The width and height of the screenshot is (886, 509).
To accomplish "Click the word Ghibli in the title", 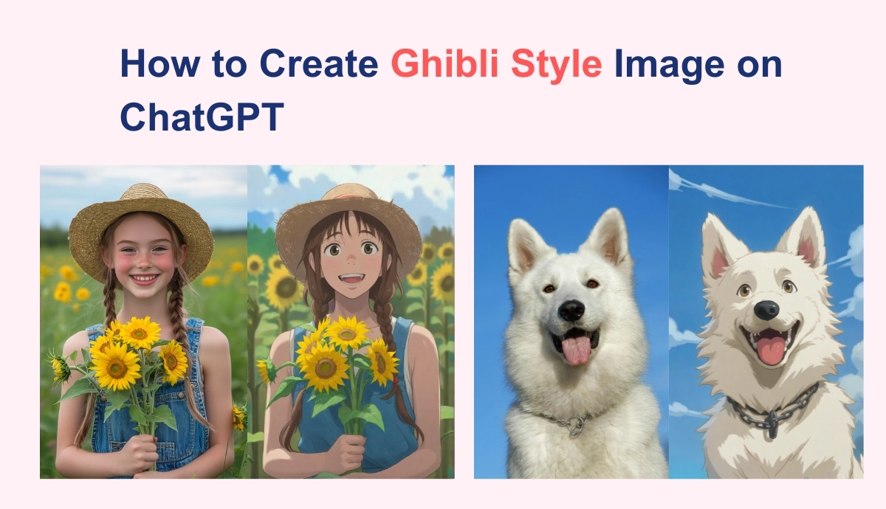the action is pos(445,63).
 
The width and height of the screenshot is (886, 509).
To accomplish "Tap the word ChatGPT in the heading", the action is pos(202,117).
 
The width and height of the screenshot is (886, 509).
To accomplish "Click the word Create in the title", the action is pos(319,63).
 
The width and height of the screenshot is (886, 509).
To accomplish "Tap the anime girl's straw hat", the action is pos(348,221).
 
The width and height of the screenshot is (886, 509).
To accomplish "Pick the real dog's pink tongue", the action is pos(577,350).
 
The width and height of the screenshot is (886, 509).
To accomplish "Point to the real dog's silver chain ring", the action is pos(575,426).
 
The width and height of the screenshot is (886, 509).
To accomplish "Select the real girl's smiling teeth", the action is pos(145,279).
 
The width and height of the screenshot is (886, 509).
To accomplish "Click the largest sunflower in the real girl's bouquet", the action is pos(115,367).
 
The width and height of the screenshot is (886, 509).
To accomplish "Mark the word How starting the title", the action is pos(159,63).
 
